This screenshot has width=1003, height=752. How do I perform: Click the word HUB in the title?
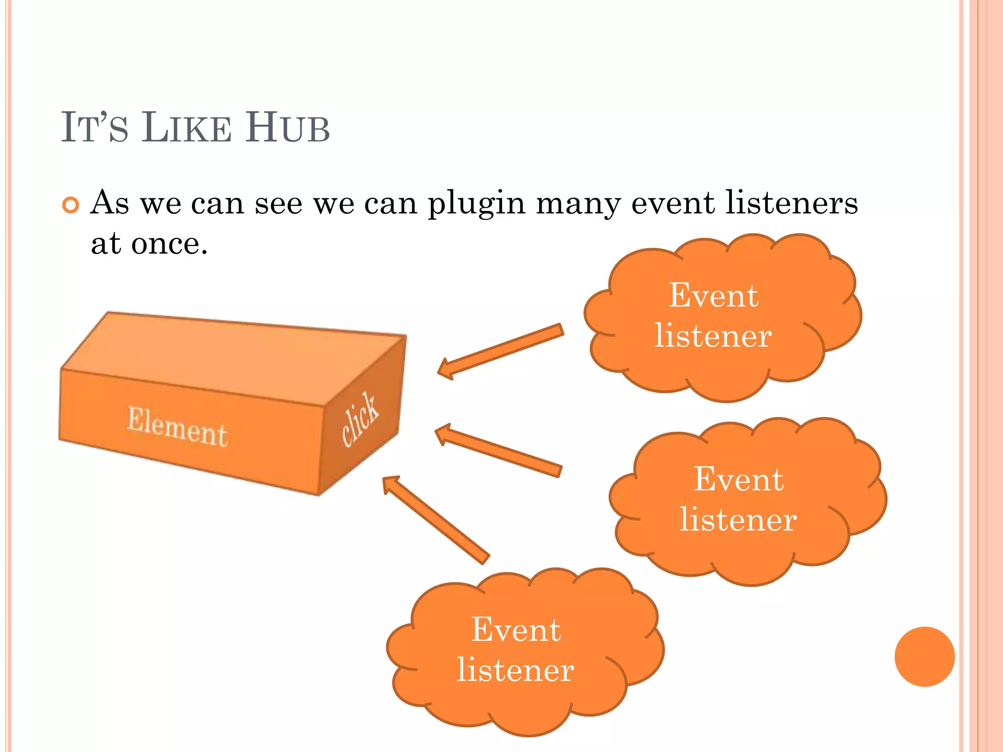[287, 128]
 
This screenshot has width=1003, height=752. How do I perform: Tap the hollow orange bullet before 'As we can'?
[71, 205]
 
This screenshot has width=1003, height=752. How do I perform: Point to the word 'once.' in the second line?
[169, 243]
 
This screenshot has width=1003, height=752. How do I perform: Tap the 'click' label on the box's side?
[360, 419]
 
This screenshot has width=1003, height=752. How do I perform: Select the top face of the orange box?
[230, 357]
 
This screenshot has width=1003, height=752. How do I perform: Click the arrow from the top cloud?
[500, 351]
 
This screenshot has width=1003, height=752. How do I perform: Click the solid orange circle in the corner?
[924, 657]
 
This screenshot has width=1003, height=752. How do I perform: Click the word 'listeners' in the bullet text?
[791, 203]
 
